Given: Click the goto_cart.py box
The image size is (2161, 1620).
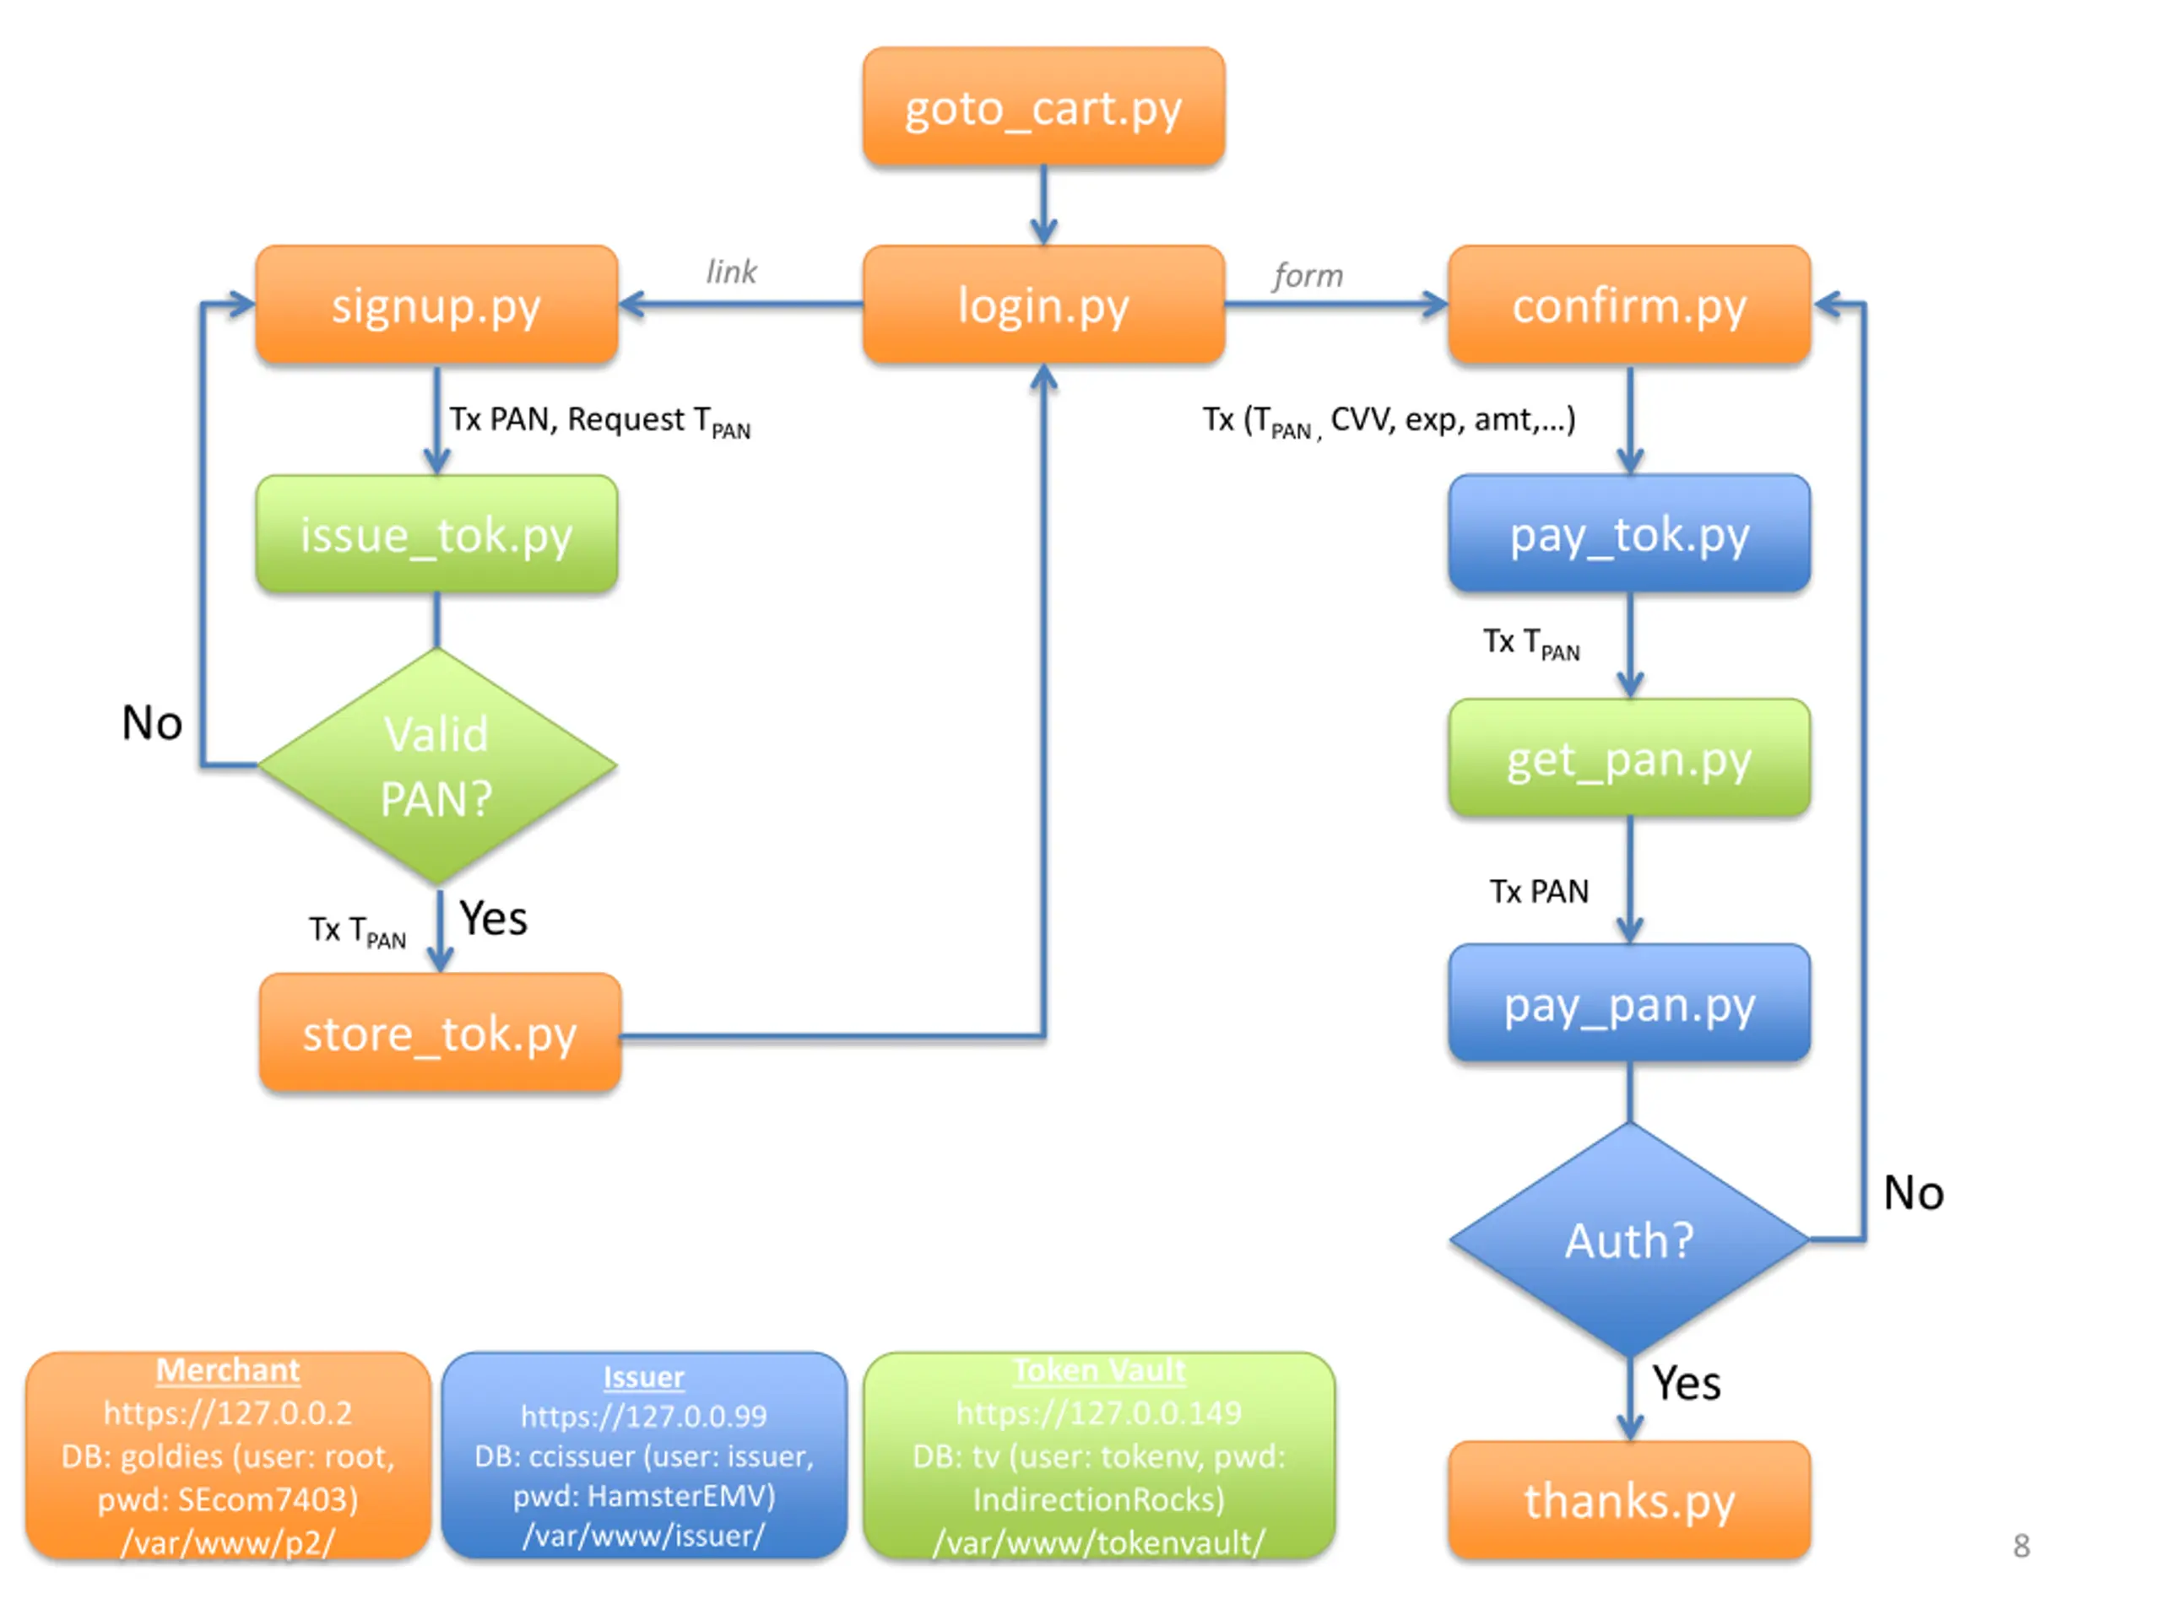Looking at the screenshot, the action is pos(1043,106).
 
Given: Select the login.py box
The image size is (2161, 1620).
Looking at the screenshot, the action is pos(1043,305).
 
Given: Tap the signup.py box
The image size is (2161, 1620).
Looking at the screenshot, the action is pos(436,305).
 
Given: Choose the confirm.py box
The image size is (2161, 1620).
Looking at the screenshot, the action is pos(1629,305).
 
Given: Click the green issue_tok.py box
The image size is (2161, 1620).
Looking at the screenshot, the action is pos(436,534).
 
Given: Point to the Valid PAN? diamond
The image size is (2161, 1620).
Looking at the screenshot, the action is pos(436,765).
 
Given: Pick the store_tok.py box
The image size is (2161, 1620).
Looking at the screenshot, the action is pos(441,1032).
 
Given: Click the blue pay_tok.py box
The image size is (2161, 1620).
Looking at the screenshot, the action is pos(1629,533).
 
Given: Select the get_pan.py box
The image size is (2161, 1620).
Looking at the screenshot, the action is pos(1629,758).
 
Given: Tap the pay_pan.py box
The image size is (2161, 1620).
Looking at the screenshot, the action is pos(1629,1003).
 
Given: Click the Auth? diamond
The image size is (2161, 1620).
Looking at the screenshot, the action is pos(1629,1239).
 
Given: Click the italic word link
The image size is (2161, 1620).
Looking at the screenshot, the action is pos(732,271).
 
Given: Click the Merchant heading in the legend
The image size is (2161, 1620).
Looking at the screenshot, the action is pos(228,1370).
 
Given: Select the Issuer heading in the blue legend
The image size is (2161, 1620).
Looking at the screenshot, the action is pos(644,1376).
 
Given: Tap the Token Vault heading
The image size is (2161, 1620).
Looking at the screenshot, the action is pos(1099,1370).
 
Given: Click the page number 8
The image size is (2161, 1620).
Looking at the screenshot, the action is pos(2022,1546).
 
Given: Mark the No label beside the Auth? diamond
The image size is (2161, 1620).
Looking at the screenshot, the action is pos(1914,1193).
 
